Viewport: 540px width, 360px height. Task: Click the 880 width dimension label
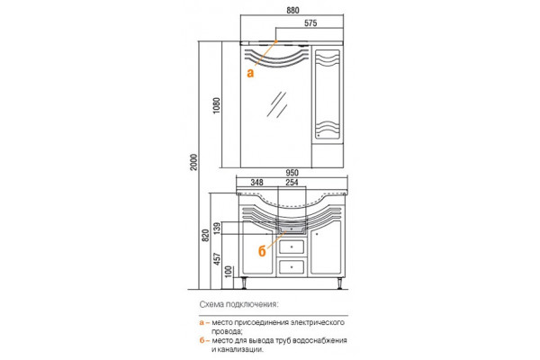tap(292, 10)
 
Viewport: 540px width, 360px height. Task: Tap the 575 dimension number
tap(310, 23)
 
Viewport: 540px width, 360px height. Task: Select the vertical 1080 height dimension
tap(217, 106)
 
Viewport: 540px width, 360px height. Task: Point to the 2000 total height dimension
tap(193, 162)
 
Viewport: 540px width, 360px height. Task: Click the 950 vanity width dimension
tap(292, 173)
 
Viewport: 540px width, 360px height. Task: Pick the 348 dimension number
tap(256, 182)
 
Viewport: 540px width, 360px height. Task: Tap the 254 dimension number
tap(292, 182)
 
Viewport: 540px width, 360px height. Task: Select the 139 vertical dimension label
tap(217, 228)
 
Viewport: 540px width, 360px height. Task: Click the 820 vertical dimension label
tap(205, 235)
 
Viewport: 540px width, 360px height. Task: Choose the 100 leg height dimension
tap(229, 272)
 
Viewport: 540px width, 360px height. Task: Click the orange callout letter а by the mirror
tap(250, 73)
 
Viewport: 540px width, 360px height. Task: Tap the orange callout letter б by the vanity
tap(262, 251)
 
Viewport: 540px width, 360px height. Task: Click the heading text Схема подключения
tap(238, 304)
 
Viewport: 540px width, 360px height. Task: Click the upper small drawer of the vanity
tap(292, 247)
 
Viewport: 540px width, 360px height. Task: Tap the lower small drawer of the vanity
tap(292, 267)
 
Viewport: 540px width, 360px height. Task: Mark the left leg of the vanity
tap(246, 283)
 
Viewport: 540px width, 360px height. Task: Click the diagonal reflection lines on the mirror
tap(277, 104)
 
